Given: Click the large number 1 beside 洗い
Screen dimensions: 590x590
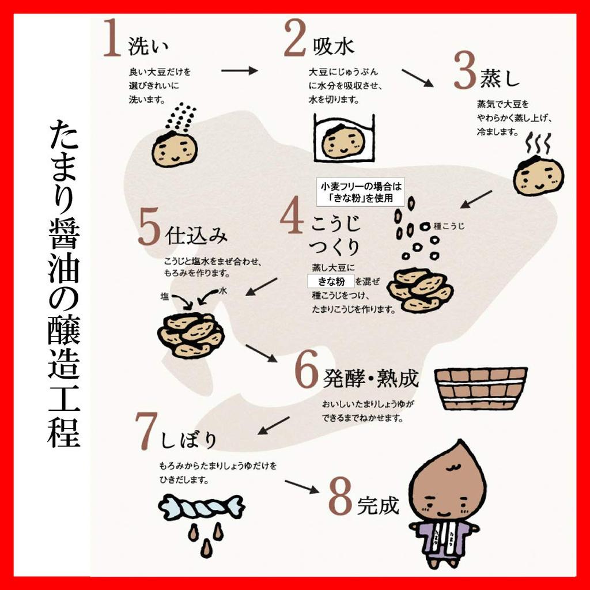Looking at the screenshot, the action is coord(112,38).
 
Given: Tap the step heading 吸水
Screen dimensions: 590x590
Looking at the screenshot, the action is coord(334,47).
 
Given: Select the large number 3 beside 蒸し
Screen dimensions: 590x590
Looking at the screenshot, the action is coord(465,71).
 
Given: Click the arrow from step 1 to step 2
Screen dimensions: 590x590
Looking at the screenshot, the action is coord(239,70).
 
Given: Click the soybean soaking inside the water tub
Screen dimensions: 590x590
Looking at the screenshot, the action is coord(343,142).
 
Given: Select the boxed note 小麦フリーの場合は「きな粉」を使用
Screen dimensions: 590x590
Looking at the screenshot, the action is coord(360,192).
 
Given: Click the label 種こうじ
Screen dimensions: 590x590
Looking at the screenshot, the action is coord(449,226).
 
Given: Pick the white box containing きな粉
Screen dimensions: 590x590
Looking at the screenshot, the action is coord(331,281).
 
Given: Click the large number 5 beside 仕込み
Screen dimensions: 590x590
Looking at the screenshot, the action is coord(149,228).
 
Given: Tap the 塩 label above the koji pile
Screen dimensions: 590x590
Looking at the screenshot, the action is coord(164,297).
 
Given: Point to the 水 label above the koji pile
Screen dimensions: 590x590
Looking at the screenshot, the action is coord(223,290).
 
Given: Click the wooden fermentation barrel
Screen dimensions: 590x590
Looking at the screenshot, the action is coord(481,388).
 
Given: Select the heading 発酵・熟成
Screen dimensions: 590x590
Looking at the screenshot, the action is coord(370,378).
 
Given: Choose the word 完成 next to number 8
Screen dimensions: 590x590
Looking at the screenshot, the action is coord(378,505).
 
